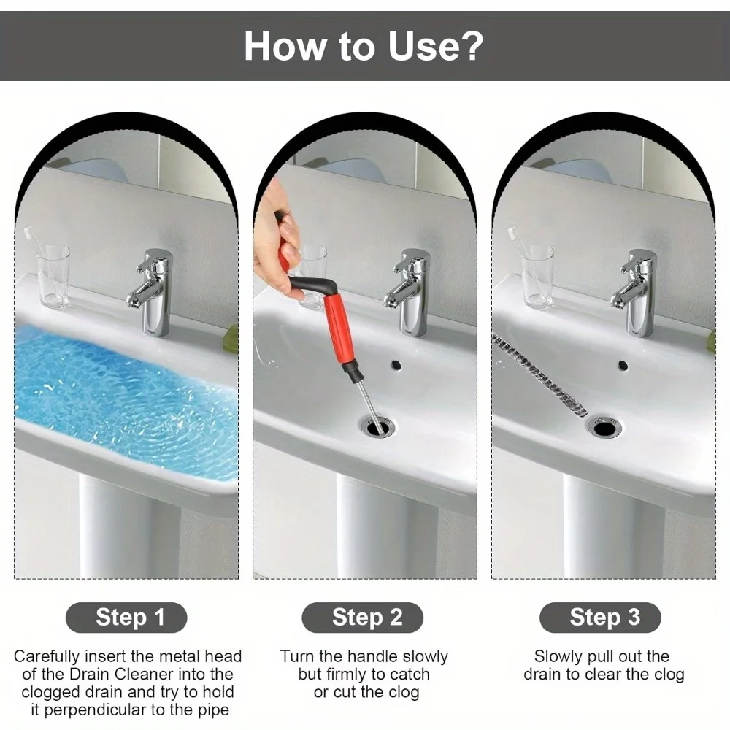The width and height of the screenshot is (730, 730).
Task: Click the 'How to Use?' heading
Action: [363, 45]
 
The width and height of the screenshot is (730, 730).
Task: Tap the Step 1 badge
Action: [130, 618]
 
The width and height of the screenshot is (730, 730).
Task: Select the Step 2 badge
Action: [366, 618]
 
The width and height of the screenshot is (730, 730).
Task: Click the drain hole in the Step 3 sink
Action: [605, 426]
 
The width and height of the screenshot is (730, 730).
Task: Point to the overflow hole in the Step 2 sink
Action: [396, 363]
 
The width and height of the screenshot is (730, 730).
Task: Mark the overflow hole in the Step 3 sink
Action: [623, 365]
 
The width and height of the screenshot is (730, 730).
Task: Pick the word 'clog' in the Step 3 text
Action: [669, 674]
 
